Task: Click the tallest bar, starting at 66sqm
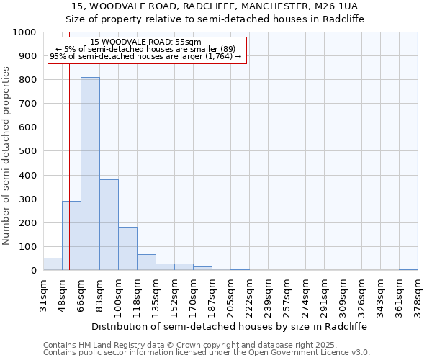(90, 173)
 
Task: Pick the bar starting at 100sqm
(127, 248)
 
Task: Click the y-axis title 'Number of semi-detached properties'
(6, 156)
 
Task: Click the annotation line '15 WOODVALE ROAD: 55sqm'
(146, 42)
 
